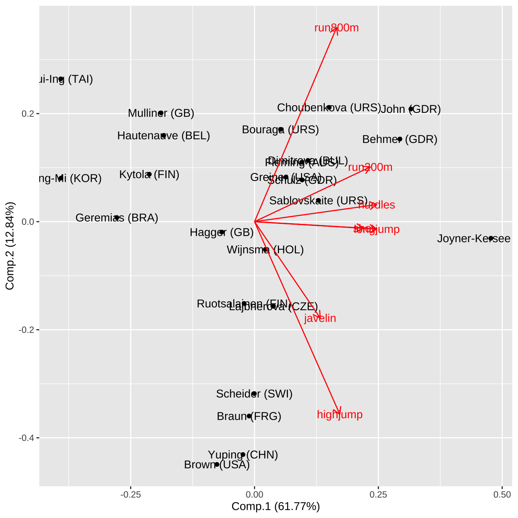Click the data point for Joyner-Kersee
pyautogui.click(x=491, y=238)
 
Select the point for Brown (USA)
pyautogui.click(x=217, y=464)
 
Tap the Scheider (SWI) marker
pyautogui.click(x=254, y=394)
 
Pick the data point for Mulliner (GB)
pyautogui.click(x=161, y=113)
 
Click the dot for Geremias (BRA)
pyautogui.click(x=117, y=217)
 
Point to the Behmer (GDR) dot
pyautogui.click(x=400, y=139)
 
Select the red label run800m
pyautogui.click(x=336, y=28)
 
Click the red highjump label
pyautogui.click(x=340, y=415)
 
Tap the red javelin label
pyautogui.click(x=320, y=318)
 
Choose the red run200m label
pyautogui.click(x=370, y=167)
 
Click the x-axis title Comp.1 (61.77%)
pyautogui.click(x=276, y=506)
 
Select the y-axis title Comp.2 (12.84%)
pyautogui.click(x=10, y=246)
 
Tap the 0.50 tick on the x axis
pyautogui.click(x=502, y=494)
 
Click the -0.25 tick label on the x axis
pyautogui.click(x=131, y=494)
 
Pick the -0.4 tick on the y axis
pyautogui.click(x=27, y=438)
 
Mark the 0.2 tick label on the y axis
pyautogui.click(x=29, y=114)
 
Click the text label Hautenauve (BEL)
pyautogui.click(x=163, y=136)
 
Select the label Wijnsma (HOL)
pyautogui.click(x=265, y=250)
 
